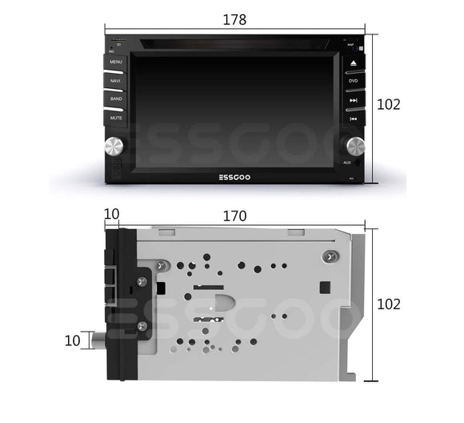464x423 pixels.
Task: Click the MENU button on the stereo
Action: point(116,62)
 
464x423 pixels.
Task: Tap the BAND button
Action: point(116,99)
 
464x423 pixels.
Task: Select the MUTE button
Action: point(116,118)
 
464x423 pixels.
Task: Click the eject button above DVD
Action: point(353,62)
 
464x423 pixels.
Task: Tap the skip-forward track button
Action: point(353,100)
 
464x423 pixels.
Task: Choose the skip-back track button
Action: point(353,119)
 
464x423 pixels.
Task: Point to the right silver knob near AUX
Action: point(354,145)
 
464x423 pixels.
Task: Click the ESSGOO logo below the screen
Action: point(234,179)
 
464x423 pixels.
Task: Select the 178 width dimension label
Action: point(234,19)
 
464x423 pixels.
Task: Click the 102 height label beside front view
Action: point(388,104)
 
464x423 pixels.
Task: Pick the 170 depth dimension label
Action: point(234,216)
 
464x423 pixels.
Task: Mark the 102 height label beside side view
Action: point(388,304)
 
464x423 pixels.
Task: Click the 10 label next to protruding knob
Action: point(73,340)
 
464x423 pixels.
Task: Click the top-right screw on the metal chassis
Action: point(326,256)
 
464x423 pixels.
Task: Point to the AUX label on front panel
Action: point(347,163)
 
